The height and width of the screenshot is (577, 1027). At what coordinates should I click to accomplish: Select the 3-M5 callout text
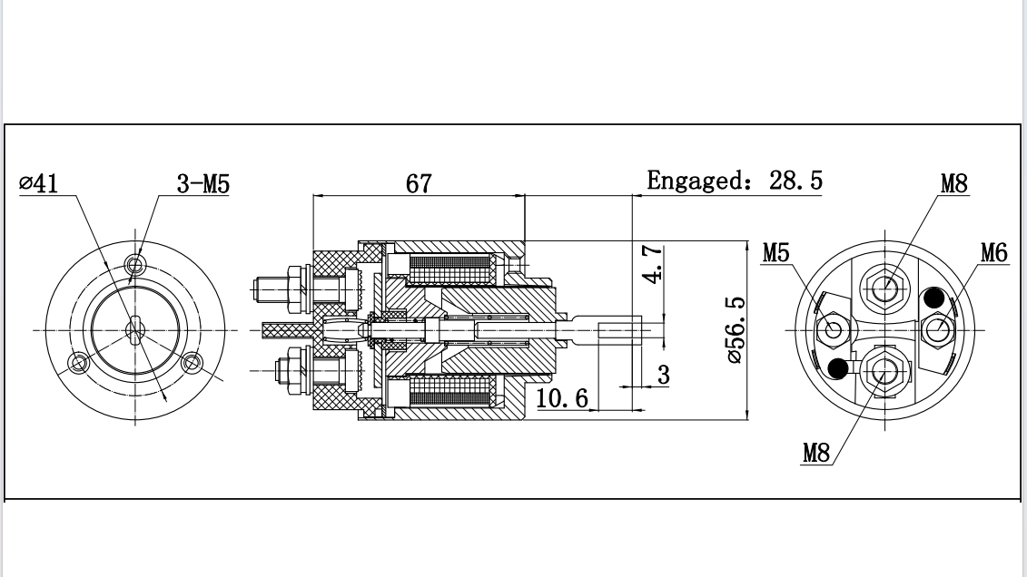point(203,185)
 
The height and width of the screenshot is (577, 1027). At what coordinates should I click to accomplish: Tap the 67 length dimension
point(419,183)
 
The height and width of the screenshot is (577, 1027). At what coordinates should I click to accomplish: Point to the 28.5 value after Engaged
point(795,181)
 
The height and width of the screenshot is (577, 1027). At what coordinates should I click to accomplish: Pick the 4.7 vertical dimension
point(652,264)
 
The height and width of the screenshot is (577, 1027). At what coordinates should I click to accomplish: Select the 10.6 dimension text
point(562,397)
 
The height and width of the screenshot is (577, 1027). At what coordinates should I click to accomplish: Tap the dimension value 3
point(664,375)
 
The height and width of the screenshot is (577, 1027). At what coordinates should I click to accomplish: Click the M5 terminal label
point(775,252)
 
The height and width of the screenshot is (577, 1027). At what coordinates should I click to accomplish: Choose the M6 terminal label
point(993,252)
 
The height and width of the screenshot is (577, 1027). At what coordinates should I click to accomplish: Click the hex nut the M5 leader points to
point(833,329)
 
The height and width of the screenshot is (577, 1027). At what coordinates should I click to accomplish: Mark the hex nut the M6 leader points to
point(938,329)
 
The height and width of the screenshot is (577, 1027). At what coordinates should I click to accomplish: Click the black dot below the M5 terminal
point(839,367)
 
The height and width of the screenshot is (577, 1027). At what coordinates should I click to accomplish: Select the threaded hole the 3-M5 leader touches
point(136,265)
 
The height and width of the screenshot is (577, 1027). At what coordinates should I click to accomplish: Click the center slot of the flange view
point(135,329)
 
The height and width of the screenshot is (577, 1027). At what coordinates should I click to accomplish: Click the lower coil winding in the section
point(450,393)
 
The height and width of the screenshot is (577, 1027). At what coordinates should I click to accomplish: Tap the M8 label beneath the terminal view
point(815,453)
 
